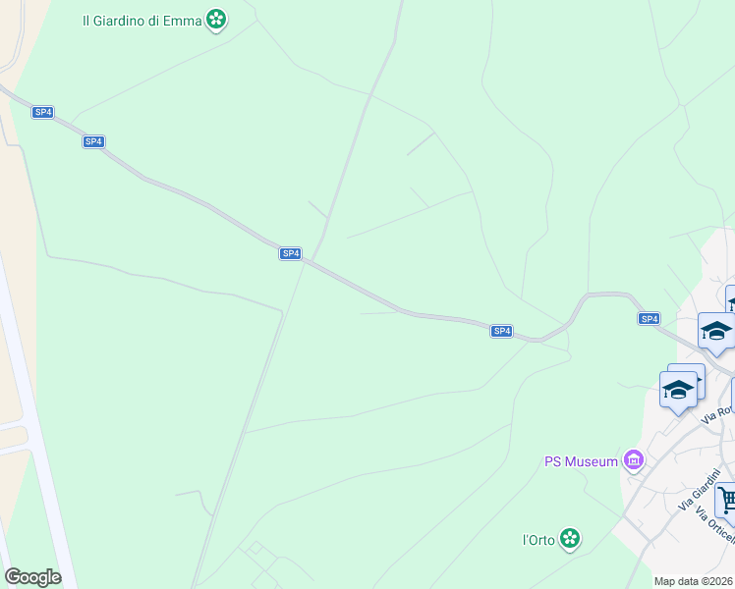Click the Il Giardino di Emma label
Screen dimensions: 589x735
142,20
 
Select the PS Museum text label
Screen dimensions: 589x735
581,461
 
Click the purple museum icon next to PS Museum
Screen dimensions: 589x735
634,460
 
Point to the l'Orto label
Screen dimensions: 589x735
538,540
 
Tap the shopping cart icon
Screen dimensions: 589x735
727,501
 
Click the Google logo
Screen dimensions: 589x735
32,577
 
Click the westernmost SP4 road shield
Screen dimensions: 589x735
42,112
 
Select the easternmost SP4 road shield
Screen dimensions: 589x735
649,318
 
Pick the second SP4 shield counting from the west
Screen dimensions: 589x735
92,141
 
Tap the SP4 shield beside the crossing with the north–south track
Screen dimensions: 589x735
290,253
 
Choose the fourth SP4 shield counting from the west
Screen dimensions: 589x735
501,331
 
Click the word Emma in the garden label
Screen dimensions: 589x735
185,20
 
